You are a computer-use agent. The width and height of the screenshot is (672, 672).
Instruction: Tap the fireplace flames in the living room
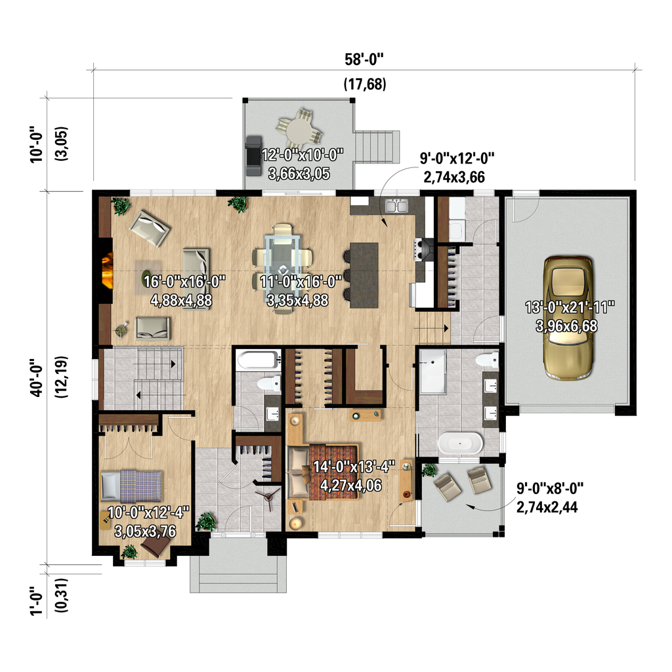(x=106, y=270)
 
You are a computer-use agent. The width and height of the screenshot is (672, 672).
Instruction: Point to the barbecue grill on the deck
(x=253, y=155)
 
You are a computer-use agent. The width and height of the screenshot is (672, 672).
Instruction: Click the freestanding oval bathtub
(x=460, y=444)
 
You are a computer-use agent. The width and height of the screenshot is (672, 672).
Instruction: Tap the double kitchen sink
(x=396, y=206)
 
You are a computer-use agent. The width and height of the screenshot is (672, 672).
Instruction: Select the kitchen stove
(x=423, y=247)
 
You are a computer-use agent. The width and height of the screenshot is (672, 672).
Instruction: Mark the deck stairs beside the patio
(x=377, y=145)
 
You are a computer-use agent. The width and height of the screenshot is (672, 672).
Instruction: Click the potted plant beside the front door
(x=206, y=522)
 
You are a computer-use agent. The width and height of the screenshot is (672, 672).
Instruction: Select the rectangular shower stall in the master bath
(x=432, y=371)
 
